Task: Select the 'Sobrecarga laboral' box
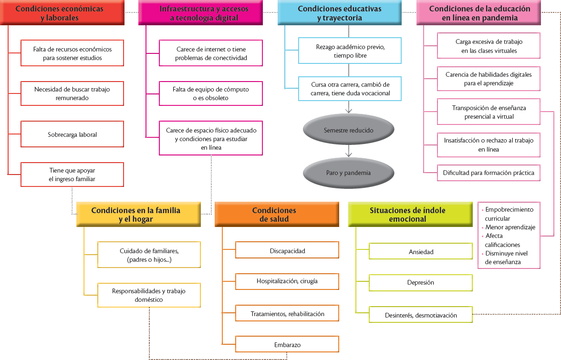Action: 73,134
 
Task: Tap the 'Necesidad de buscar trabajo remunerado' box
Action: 73,93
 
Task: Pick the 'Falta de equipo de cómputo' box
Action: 210,93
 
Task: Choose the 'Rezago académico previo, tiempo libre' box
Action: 350,51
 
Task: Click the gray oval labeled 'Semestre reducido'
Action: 349,130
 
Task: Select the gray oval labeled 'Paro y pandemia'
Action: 349,173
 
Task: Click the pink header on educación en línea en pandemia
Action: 479,13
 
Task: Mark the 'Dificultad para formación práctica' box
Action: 488,173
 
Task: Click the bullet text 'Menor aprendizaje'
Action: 510,227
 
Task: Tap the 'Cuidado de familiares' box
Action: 149,255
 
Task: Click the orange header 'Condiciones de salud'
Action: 277,214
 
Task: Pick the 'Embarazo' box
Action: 287,344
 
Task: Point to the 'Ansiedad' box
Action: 421,251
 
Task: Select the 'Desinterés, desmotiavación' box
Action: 421,315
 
